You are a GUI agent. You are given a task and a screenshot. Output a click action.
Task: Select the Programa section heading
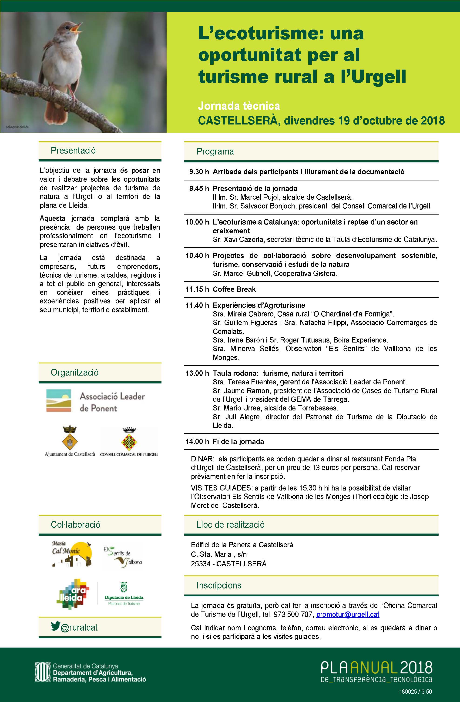[215, 152]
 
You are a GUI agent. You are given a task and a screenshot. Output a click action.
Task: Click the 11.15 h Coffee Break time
[197, 289]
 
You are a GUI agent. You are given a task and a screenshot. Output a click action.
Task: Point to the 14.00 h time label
[197, 442]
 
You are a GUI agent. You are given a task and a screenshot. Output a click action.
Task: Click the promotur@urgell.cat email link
[348, 615]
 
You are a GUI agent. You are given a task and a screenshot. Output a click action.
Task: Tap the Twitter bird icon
[55, 626]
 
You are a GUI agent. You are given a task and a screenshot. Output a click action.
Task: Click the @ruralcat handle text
[79, 627]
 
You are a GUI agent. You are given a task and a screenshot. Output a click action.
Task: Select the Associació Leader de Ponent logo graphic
[59, 400]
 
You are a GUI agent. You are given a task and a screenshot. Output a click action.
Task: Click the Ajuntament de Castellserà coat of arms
[70, 438]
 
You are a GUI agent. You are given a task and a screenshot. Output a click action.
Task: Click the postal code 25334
[201, 564]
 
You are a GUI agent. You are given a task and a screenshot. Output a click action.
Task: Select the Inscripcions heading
[219, 585]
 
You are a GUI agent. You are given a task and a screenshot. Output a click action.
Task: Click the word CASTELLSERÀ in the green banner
[238, 121]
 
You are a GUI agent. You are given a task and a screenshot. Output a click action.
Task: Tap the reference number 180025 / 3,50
[416, 691]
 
